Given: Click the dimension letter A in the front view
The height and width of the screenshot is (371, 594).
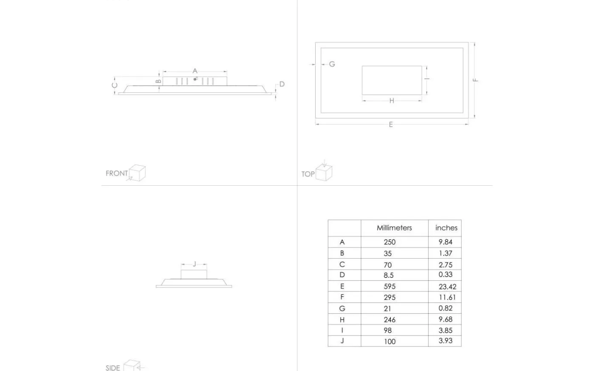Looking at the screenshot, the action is pyautogui.click(x=195, y=71).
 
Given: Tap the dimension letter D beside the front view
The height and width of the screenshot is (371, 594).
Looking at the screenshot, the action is pyautogui.click(x=282, y=84).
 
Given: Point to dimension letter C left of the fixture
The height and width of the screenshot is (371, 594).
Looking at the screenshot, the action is pyautogui.click(x=115, y=85).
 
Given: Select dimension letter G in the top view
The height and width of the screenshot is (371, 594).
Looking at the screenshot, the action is pyautogui.click(x=332, y=64).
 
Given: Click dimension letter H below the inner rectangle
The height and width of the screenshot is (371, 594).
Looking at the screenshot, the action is pyautogui.click(x=392, y=101).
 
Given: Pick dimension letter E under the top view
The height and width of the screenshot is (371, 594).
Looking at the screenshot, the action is pyautogui.click(x=391, y=125).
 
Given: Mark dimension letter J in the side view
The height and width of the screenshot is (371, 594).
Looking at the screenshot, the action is pyautogui.click(x=194, y=264).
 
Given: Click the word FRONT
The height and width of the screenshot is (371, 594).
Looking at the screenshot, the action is pyautogui.click(x=117, y=173).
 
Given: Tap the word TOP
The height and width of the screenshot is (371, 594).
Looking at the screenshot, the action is pyautogui.click(x=308, y=174).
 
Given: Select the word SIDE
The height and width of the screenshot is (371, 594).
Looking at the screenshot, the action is pyautogui.click(x=113, y=368).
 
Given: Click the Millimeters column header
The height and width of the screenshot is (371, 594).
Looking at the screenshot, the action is pyautogui.click(x=394, y=228).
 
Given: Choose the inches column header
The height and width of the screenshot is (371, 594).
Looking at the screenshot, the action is pyautogui.click(x=446, y=228).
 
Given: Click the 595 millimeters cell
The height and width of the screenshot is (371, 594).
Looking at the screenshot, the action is pyautogui.click(x=389, y=287).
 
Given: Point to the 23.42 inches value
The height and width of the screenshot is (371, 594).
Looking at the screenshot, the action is pyautogui.click(x=447, y=287).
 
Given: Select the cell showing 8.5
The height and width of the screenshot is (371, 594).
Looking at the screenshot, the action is pyautogui.click(x=389, y=275).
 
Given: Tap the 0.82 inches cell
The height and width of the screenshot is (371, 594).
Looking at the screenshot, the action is pyautogui.click(x=445, y=308).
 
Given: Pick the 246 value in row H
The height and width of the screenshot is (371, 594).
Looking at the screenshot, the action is pyautogui.click(x=389, y=320).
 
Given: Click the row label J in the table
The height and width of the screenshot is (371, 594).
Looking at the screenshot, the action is pyautogui.click(x=342, y=341).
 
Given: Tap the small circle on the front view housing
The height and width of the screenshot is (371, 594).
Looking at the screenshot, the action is pyautogui.click(x=195, y=79).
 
